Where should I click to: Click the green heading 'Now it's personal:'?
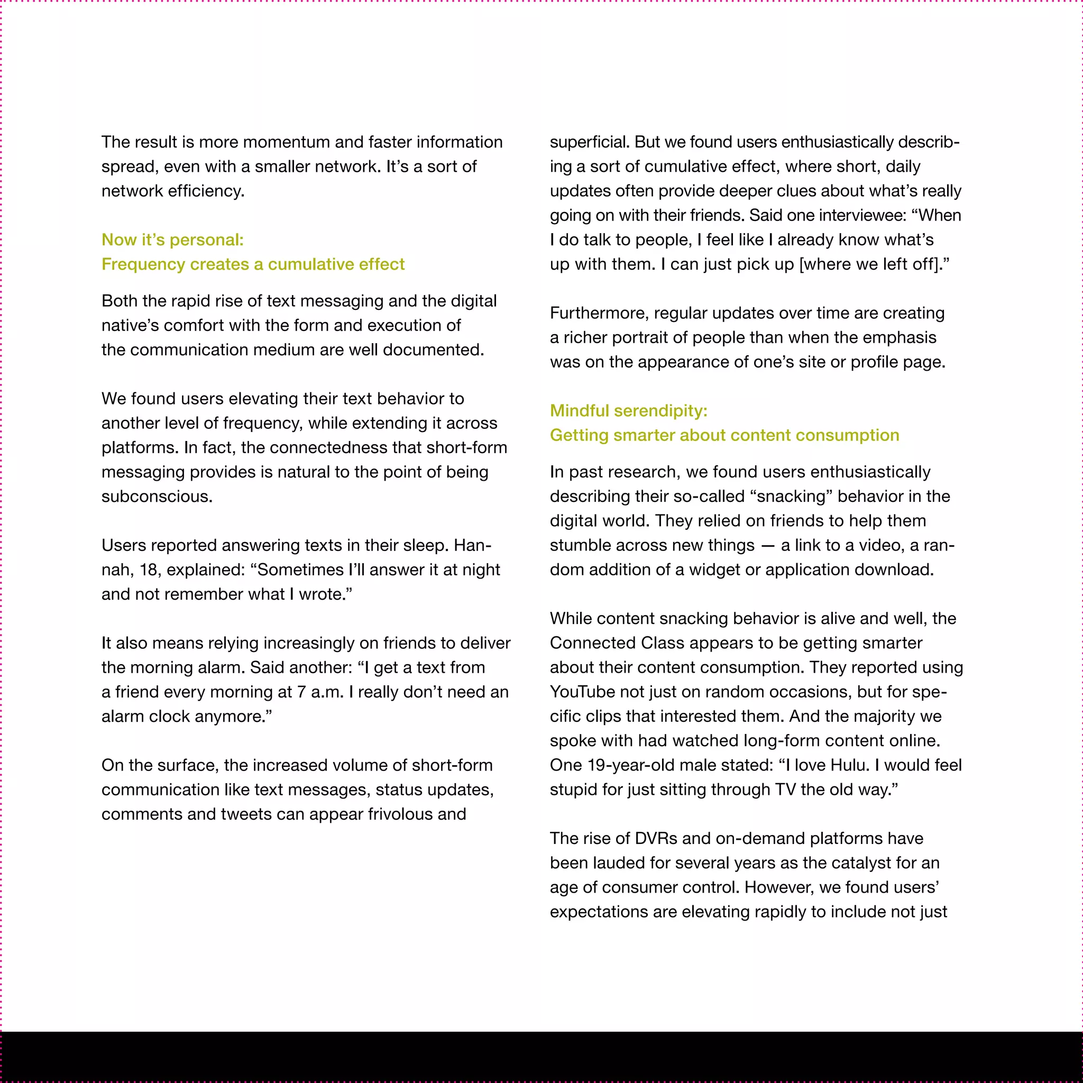pos(172,240)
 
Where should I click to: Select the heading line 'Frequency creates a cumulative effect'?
pos(253,264)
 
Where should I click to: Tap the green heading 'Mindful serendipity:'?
pos(628,411)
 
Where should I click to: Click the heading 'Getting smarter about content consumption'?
pos(724,435)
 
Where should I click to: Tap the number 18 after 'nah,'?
pos(149,570)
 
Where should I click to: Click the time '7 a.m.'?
pos(320,692)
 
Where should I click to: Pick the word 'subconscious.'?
pos(157,497)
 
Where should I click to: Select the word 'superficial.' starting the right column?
pos(590,142)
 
